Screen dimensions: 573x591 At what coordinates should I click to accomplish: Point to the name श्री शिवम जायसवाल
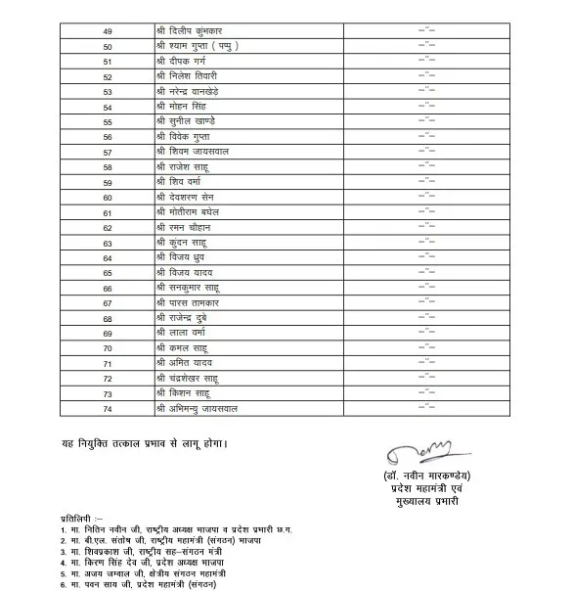(198, 152)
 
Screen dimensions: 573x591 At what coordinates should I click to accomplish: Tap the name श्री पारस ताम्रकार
(194, 303)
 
